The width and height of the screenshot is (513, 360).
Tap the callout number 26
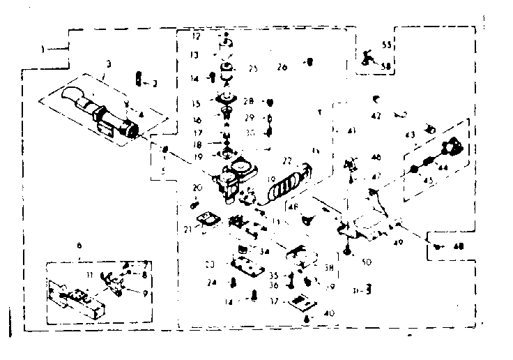pyautogui.click(x=282, y=68)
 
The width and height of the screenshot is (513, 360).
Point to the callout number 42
pyautogui.click(x=376, y=116)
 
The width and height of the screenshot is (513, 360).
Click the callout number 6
pyautogui.click(x=79, y=246)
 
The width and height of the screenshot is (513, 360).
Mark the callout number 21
pyautogui.click(x=187, y=229)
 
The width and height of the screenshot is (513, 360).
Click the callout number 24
pyautogui.click(x=212, y=283)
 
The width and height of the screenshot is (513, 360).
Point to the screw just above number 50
pyautogui.click(x=347, y=249)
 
